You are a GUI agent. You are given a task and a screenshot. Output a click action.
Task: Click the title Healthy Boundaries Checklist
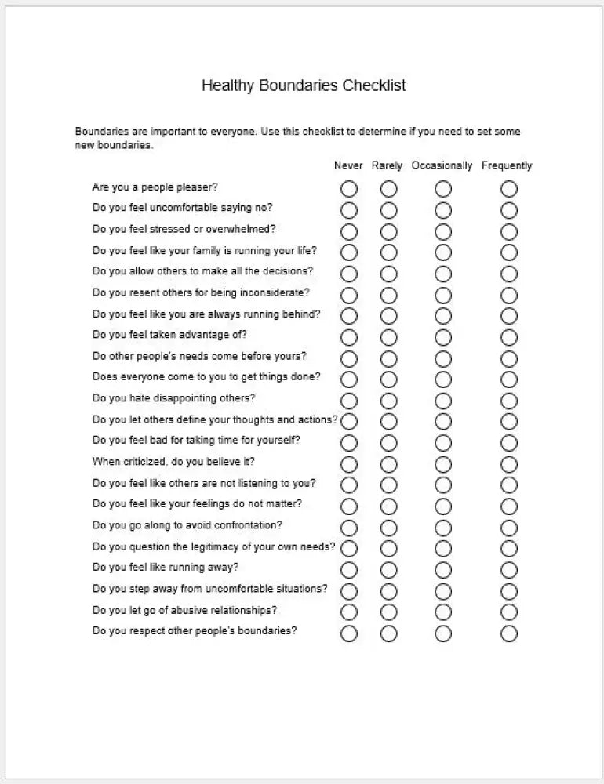(304, 85)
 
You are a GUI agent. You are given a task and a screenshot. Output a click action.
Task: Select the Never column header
(348, 165)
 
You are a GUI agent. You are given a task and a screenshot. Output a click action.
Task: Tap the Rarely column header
(388, 165)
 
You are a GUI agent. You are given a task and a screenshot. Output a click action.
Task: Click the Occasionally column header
(442, 165)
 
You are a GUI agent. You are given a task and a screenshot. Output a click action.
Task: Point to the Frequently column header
(507, 165)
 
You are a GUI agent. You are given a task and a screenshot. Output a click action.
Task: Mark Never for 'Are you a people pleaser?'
(349, 189)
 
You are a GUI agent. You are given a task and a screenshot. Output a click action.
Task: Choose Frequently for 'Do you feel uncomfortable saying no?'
(509, 210)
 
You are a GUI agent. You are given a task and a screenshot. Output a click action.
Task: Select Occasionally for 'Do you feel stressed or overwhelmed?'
(443, 231)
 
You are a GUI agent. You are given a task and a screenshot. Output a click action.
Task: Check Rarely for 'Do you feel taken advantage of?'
(389, 337)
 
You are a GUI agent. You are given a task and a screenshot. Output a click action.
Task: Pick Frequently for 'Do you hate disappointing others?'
(509, 401)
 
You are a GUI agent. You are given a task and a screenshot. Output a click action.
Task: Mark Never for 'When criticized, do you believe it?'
(349, 464)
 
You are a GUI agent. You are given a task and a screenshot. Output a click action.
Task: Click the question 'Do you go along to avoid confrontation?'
(187, 525)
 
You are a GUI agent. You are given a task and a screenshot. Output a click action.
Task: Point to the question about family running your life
(205, 251)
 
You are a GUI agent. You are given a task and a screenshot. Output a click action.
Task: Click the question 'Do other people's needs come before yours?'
(199, 356)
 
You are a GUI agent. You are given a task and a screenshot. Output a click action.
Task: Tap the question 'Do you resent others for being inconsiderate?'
(201, 292)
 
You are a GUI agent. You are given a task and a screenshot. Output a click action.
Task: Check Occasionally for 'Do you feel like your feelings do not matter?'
(443, 506)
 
